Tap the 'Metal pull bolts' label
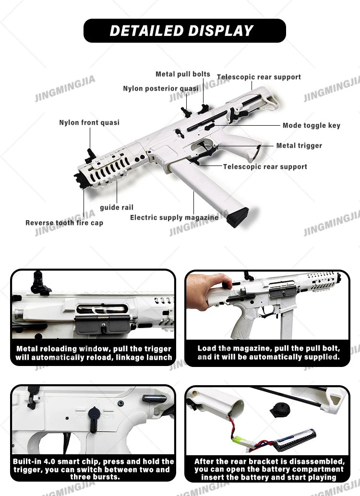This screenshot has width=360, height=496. (x=182, y=74)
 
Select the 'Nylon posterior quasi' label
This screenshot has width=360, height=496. (x=160, y=88)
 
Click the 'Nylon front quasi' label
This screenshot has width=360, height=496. (x=89, y=122)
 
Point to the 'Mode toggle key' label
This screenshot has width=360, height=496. (x=311, y=125)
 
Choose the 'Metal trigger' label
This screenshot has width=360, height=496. (x=299, y=145)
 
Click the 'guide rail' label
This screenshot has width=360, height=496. (x=117, y=207)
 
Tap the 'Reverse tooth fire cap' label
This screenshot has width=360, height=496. (x=64, y=223)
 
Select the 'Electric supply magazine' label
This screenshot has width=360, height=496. (x=174, y=217)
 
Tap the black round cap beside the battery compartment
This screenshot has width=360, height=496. (x=278, y=410)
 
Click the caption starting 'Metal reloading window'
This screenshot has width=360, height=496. (x=93, y=353)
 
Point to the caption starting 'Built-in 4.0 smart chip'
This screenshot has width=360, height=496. (x=93, y=469)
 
